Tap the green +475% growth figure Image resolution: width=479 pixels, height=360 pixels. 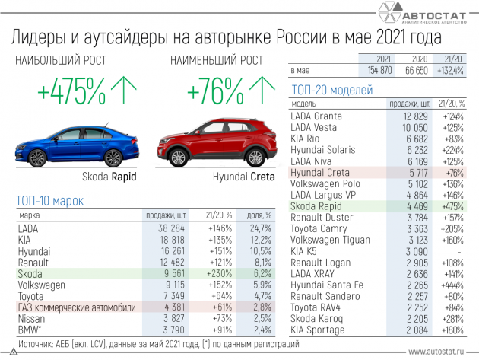[x=71, y=93]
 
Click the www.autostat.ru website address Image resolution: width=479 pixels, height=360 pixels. [x=436, y=352]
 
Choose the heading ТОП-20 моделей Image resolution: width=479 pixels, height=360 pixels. [x=332, y=90]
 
